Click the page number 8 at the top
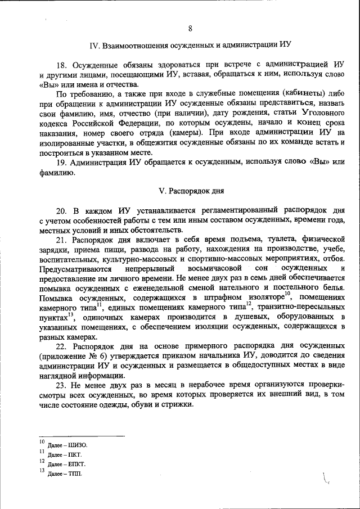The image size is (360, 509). [x=190, y=29]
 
